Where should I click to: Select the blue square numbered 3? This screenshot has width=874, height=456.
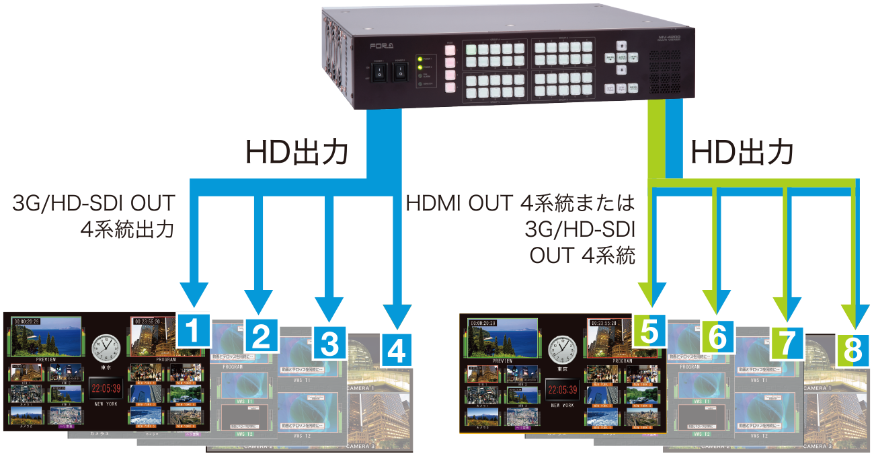(329, 343)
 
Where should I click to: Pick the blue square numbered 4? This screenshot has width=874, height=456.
(397, 350)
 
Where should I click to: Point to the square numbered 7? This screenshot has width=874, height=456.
(787, 343)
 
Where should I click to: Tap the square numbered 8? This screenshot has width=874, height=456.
(852, 350)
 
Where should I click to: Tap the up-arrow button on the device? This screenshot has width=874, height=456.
(623, 46)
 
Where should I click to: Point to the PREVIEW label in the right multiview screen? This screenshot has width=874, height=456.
(502, 361)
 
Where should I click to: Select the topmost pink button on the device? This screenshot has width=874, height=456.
(449, 49)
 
